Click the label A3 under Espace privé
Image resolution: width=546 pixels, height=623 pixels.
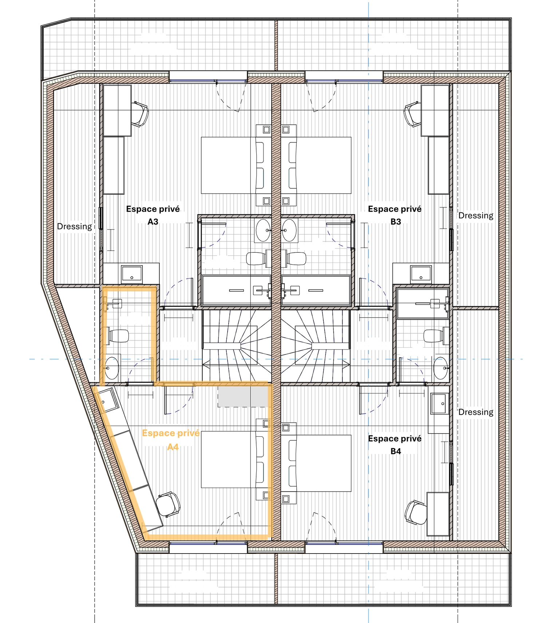pos(153,222)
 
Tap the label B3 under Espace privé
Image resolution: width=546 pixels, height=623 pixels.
pos(396,222)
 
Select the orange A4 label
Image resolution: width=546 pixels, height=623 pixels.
pos(173,447)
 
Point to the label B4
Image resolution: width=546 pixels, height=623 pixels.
pos(396,451)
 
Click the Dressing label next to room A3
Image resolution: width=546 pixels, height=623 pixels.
pos(75,227)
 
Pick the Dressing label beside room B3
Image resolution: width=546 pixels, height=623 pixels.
pos(476,216)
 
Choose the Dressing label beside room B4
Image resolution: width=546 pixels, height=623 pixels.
pos(476,412)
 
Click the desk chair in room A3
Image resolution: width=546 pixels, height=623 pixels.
pos(140,114)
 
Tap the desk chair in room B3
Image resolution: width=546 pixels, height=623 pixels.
pos(412,114)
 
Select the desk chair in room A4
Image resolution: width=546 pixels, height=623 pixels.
pos(168,504)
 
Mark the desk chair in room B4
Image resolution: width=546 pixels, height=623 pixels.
pos(416,512)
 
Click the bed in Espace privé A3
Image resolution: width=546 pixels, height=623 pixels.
pos(236,165)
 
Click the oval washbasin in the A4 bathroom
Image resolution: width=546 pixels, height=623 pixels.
pos(112,368)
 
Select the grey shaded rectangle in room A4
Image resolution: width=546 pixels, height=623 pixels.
pos(243,396)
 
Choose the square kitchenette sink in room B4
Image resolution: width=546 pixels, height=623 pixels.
pos(440,403)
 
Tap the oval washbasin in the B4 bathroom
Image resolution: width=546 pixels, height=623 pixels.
pos(440,368)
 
